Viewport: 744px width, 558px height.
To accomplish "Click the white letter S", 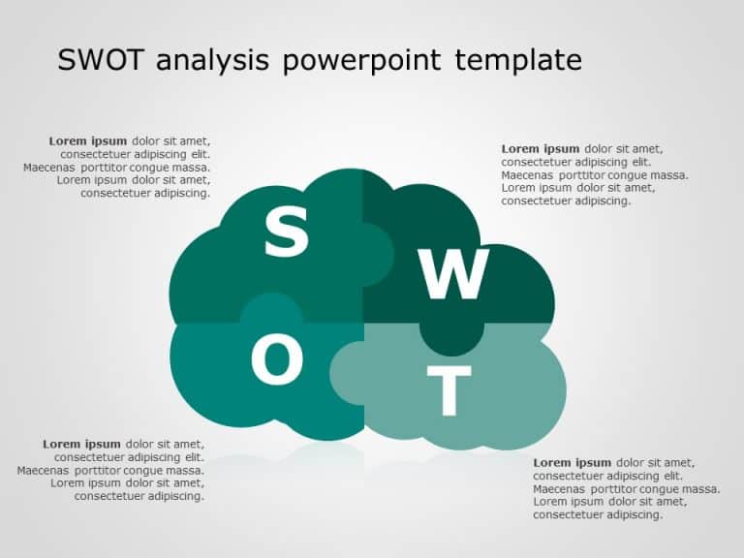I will pyautogui.click(x=287, y=232).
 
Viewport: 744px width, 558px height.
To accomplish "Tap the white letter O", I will pyautogui.click(x=277, y=360).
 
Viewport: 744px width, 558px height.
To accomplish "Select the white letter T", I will pyautogui.click(x=449, y=391).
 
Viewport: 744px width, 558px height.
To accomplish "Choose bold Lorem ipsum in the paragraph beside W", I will pyautogui.click(x=540, y=148).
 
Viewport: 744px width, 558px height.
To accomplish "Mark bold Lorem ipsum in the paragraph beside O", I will pyautogui.click(x=81, y=444).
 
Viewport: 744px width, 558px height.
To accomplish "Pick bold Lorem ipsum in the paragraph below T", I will pyautogui.click(x=572, y=463).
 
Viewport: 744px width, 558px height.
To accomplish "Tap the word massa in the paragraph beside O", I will pyautogui.click(x=184, y=471).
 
